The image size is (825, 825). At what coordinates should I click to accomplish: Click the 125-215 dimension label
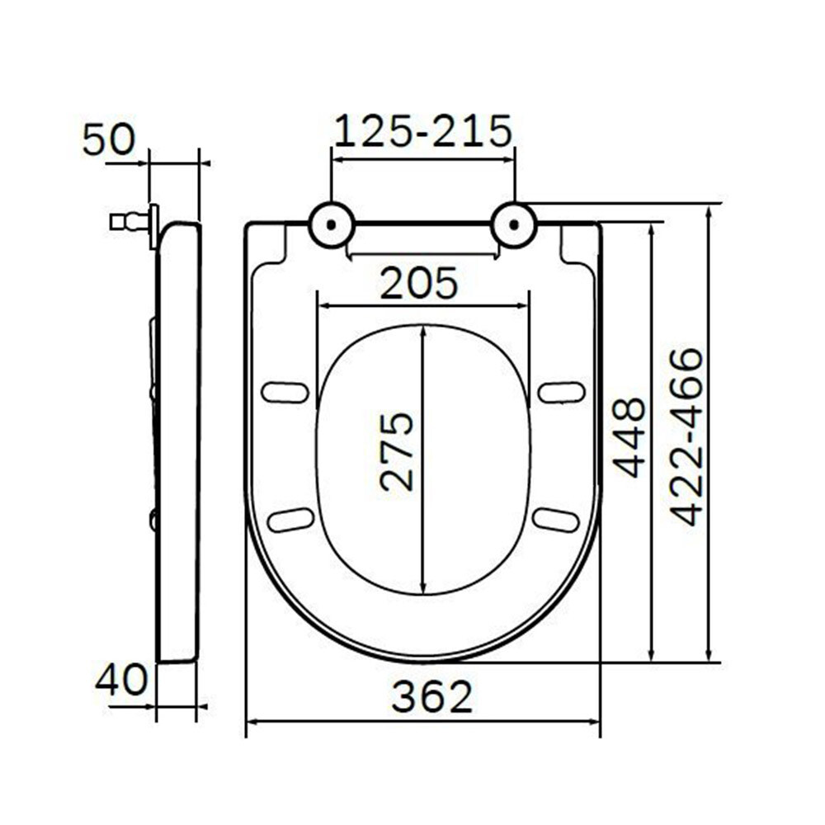tap(423, 130)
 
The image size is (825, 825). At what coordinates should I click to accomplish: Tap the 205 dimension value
tap(419, 283)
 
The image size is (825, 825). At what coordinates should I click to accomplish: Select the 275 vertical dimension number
tap(398, 452)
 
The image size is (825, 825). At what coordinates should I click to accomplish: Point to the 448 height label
tap(629, 438)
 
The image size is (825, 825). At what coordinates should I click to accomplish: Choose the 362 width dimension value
tap(432, 696)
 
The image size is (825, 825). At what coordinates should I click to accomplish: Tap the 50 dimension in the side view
tap(109, 140)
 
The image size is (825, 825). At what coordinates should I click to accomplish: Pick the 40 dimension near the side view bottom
tap(121, 679)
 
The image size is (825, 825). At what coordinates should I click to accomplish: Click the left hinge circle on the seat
tap(331, 224)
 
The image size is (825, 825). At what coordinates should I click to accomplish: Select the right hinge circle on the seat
tap(514, 224)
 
